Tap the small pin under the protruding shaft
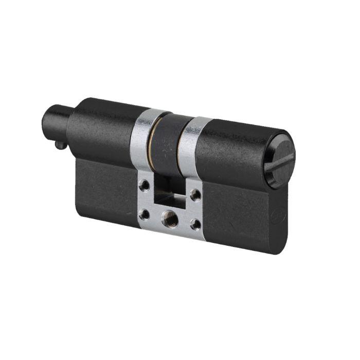point(61,146)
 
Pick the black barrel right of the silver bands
point(231,149)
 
